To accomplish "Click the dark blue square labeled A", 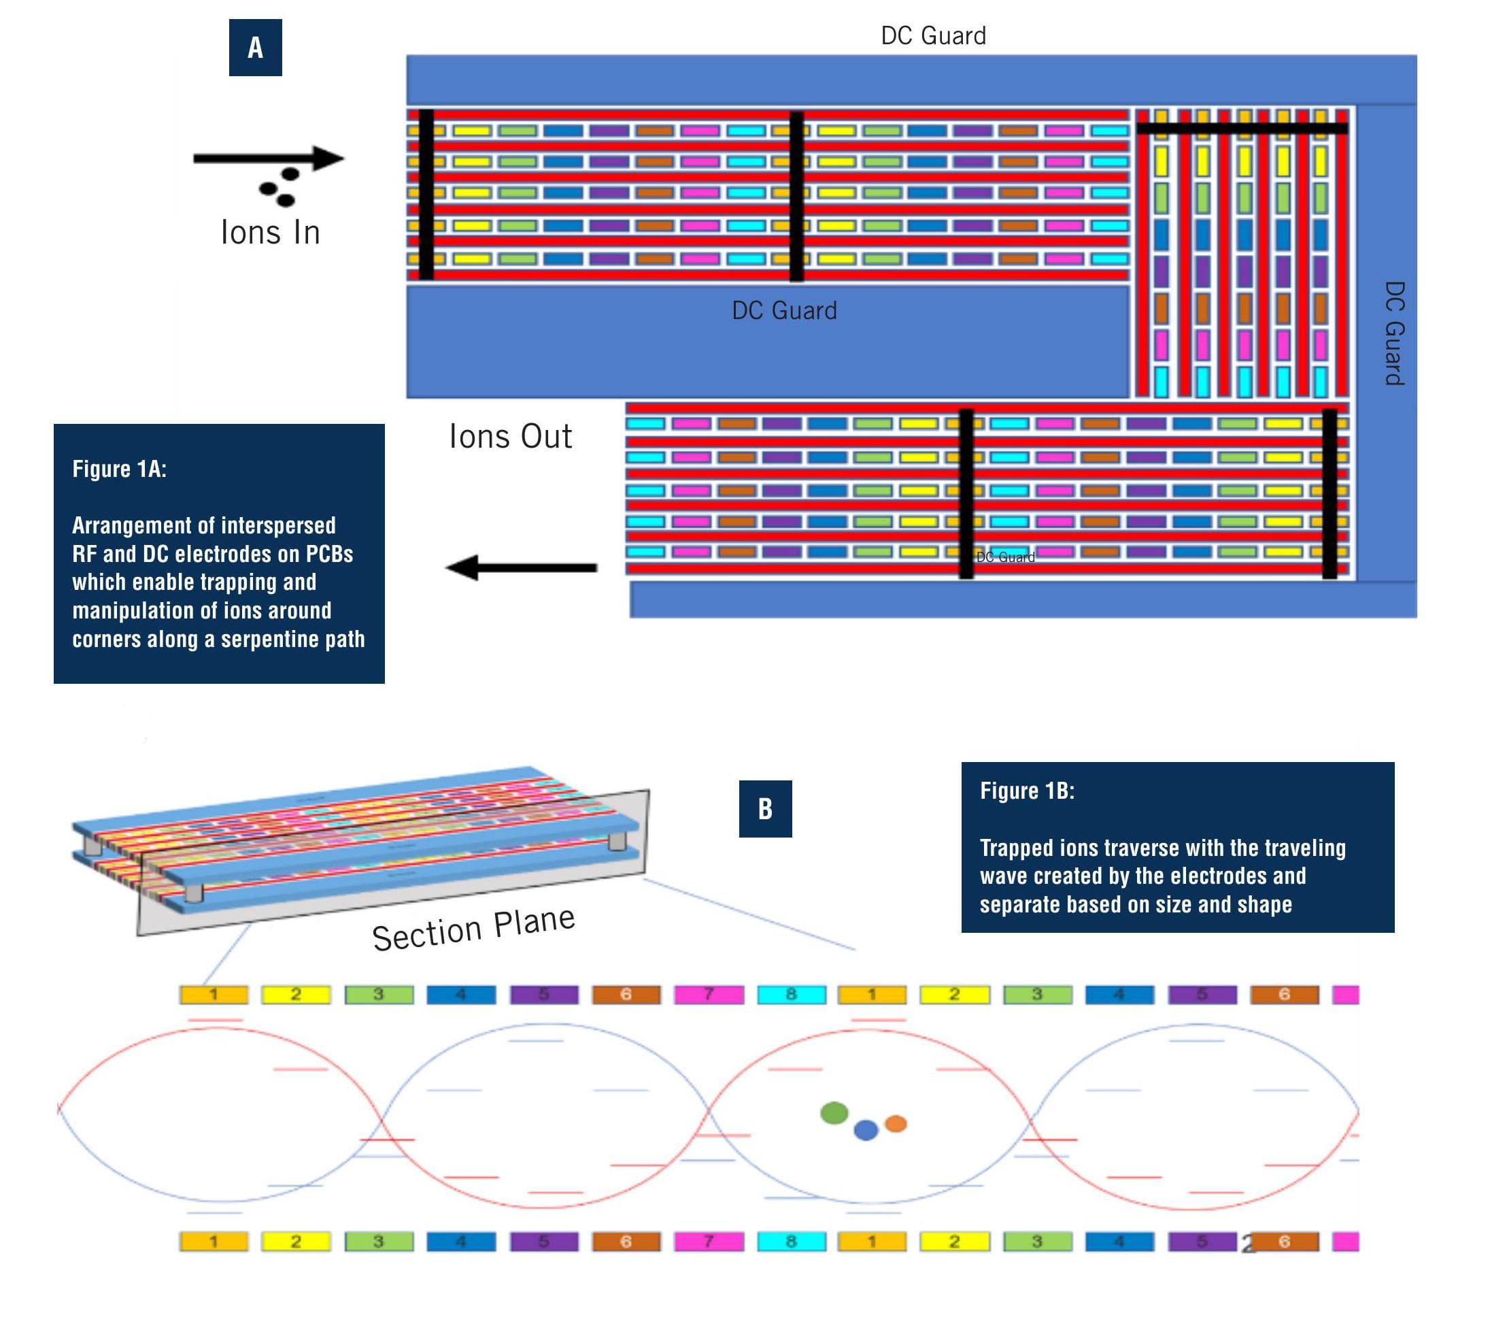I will click(x=255, y=48).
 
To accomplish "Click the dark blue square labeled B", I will click(x=764, y=808).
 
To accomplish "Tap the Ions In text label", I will click(x=270, y=233).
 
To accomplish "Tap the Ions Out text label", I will click(x=510, y=436).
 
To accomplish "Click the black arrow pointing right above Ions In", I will click(x=269, y=158).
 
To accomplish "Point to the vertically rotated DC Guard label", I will click(x=1393, y=333).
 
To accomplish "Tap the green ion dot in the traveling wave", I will click(x=834, y=1112).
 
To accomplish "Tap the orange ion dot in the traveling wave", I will click(x=895, y=1123).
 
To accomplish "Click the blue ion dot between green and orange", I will click(x=866, y=1129).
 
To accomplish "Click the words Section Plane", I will click(x=473, y=928).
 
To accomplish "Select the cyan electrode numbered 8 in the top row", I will click(x=791, y=995).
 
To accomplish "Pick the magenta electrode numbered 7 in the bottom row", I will click(x=709, y=1242).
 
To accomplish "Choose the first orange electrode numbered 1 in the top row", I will click(x=214, y=995).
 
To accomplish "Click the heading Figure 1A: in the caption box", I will click(x=120, y=469).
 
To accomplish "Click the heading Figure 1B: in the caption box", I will click(x=1027, y=791).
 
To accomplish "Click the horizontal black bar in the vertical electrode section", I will click(x=1242, y=129).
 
